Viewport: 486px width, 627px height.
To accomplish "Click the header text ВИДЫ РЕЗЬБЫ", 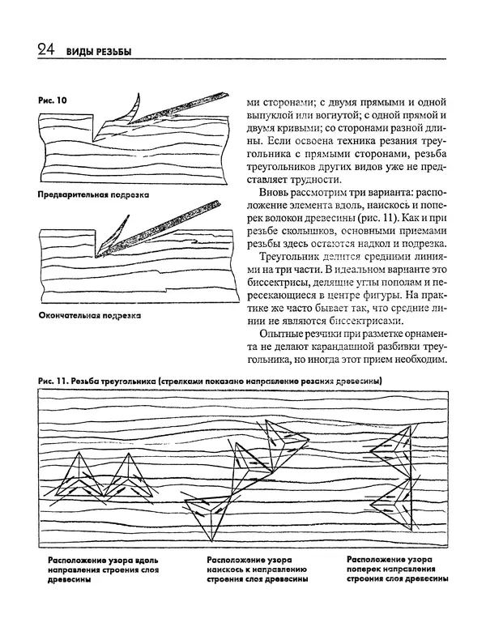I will (98, 53).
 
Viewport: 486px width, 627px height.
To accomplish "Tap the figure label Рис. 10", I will (53, 99).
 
